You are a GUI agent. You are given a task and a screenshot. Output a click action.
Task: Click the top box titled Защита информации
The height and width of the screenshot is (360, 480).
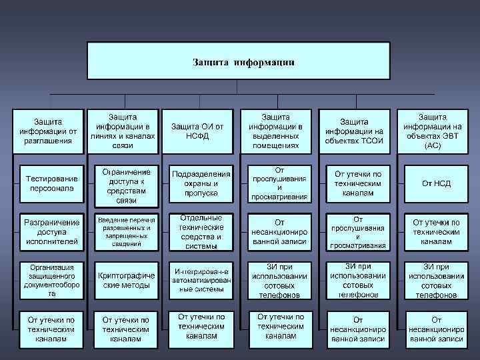pos(239,62)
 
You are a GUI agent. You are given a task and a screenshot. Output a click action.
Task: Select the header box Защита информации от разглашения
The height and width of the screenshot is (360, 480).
pos(47,131)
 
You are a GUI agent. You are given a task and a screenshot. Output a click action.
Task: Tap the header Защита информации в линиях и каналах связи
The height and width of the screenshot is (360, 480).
pos(123,131)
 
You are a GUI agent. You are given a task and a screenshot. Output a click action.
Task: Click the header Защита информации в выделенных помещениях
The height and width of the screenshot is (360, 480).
pos(275,131)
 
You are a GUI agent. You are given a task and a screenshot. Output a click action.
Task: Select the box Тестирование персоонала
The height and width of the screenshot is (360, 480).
pos(51,183)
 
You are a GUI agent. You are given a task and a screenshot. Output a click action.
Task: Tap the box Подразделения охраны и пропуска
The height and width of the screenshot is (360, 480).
pos(201,183)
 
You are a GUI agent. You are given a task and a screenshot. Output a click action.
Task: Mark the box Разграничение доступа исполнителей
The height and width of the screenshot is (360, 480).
pos(51,231)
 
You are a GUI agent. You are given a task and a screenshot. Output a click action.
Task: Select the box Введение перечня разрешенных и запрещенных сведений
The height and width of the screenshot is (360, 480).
pos(126,231)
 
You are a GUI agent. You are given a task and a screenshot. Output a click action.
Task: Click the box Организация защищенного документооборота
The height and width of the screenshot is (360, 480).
pos(51,279)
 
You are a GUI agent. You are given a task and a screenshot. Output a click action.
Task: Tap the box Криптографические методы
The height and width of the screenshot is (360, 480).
pos(126,280)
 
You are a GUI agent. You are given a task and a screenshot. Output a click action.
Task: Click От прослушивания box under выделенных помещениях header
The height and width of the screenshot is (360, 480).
pos(279,183)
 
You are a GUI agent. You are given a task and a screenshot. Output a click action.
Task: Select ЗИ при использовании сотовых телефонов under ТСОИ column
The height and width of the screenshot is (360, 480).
pos(358,280)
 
